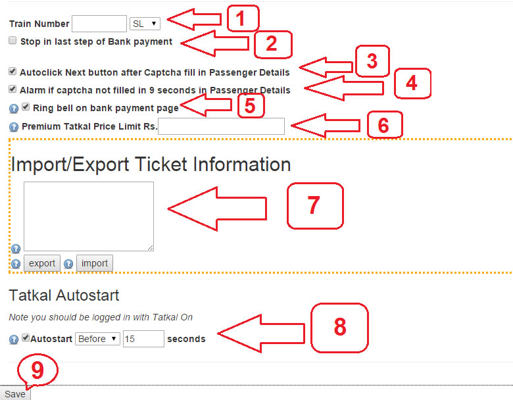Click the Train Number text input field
coord(99,24)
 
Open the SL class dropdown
coord(145,24)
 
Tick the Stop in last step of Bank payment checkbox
coord(12,40)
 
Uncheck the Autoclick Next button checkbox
coord(12,71)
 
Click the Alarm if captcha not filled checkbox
coord(12,89)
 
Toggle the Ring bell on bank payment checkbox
coord(26,107)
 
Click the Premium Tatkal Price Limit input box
coord(221,126)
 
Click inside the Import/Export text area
coord(89,216)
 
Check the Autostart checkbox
coord(26,337)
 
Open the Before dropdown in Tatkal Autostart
coord(97,339)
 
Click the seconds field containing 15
coord(143,339)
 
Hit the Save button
coord(15,394)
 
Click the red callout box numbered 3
coord(372,61)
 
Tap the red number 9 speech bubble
coord(37,370)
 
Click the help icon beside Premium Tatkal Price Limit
coord(13,127)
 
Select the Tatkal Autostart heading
coord(64,295)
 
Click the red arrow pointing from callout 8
coord(261,334)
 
